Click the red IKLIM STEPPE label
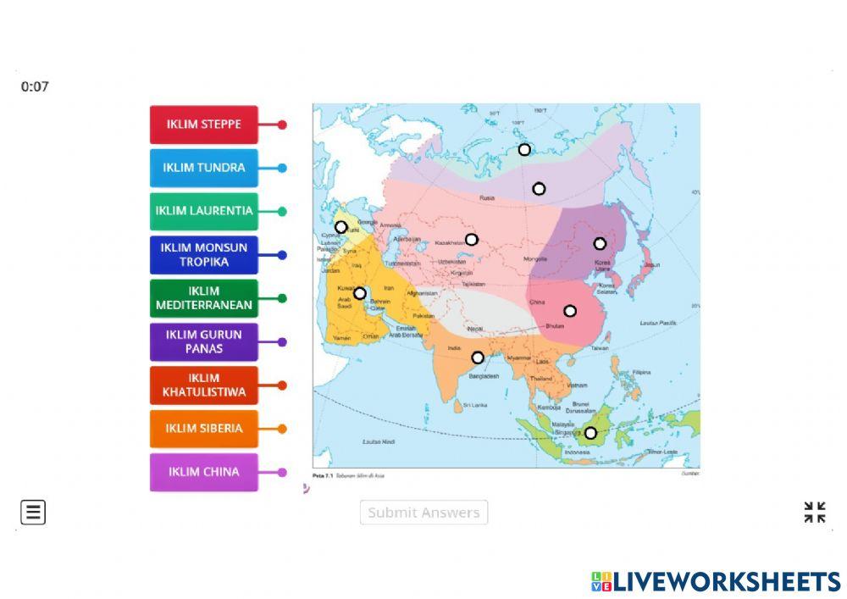coord(203,125)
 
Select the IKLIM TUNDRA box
coord(203,168)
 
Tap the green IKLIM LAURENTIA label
coord(203,211)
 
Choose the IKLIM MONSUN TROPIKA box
coord(203,255)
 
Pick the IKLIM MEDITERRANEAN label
coord(203,298)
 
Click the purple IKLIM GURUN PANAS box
coord(203,341)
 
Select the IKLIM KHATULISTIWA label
coord(203,385)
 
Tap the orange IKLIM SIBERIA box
coord(203,429)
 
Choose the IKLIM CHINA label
coord(203,472)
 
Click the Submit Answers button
coord(423,513)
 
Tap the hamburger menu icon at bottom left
coord(33,513)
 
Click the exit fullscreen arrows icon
coord(814,513)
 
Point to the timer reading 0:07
coord(35,86)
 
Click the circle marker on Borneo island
coord(590,433)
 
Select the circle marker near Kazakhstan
coord(472,240)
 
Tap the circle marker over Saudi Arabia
coord(359,293)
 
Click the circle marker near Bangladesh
coord(478,358)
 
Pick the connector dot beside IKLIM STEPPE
coord(282,125)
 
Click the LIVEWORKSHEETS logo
coord(716,581)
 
